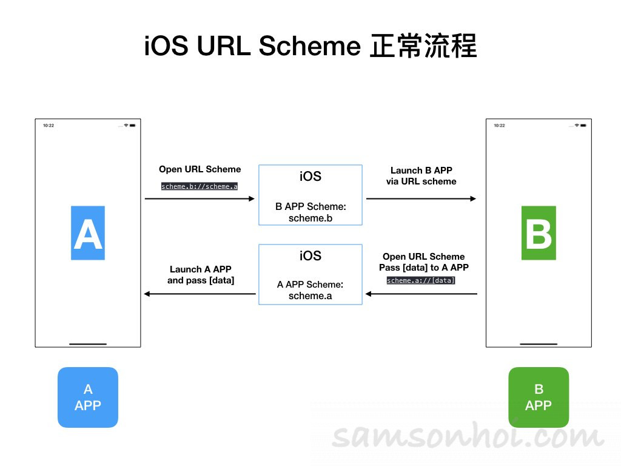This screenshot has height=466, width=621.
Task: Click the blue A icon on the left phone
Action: (x=88, y=233)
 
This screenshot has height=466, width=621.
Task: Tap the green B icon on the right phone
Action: (x=539, y=233)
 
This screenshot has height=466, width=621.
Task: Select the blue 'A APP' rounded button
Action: (x=88, y=397)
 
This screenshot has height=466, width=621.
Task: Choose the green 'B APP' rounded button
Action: (x=539, y=397)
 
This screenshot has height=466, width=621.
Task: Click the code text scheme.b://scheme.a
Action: (x=200, y=186)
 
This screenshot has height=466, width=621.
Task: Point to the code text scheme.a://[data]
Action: (x=421, y=280)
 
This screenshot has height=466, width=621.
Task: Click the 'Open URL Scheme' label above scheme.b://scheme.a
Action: (x=200, y=169)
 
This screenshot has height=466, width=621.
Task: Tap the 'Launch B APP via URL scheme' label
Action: (x=421, y=176)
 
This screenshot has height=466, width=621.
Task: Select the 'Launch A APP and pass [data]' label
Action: (x=201, y=275)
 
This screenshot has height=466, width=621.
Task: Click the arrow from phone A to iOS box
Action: (x=200, y=198)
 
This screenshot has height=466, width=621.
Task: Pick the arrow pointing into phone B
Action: (x=421, y=198)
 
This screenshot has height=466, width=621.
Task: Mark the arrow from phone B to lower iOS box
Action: (x=421, y=294)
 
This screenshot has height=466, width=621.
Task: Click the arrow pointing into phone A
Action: (x=200, y=294)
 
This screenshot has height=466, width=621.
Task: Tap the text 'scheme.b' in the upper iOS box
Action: (x=310, y=217)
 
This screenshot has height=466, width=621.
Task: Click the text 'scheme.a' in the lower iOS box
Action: (x=310, y=295)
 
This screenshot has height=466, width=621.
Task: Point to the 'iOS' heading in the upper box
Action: (x=310, y=177)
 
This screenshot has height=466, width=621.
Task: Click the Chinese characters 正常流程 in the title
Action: (x=423, y=47)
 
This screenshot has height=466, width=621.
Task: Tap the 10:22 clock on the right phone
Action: (x=499, y=126)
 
